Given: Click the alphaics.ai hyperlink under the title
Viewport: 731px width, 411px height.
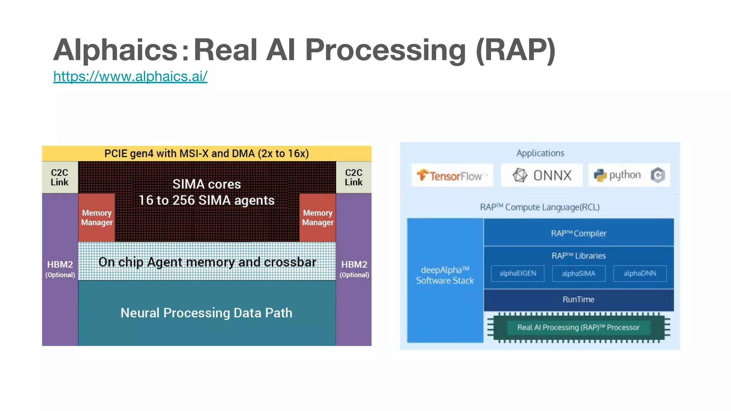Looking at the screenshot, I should pyautogui.click(x=130, y=76).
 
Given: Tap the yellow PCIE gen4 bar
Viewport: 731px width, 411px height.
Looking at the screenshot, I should pyautogui.click(x=206, y=153).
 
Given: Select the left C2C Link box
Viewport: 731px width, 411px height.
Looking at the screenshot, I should pyautogui.click(x=60, y=177).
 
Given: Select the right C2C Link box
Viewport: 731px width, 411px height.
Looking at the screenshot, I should pyautogui.click(x=353, y=177).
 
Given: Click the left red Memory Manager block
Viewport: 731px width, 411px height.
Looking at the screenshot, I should pyautogui.click(x=97, y=218).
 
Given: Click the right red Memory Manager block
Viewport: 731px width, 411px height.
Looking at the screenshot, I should pyautogui.click(x=318, y=218).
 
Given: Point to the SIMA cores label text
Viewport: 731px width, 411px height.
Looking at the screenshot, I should pyautogui.click(x=206, y=184).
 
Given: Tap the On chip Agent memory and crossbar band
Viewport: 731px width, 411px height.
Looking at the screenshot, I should pyautogui.click(x=207, y=262).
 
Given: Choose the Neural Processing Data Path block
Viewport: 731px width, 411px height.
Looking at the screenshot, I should pyautogui.click(x=206, y=313).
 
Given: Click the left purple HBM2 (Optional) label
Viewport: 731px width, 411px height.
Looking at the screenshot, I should pyautogui.click(x=60, y=269).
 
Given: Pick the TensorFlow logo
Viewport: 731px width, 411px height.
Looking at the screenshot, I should pyautogui.click(x=452, y=175).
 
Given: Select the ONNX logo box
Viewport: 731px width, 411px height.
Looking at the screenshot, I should pyautogui.click(x=541, y=175).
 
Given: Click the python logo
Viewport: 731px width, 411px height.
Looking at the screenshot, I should pyautogui.click(x=617, y=175).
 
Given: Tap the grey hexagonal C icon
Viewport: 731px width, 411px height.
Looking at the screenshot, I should pyautogui.click(x=657, y=175).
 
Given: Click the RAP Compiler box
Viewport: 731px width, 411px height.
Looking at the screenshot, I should pyautogui.click(x=578, y=233).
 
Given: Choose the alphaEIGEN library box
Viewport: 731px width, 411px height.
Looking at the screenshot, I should pyautogui.click(x=518, y=273).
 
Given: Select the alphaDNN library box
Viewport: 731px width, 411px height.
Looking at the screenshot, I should pyautogui.click(x=640, y=273).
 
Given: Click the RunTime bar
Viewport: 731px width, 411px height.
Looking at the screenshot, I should pyautogui.click(x=578, y=299).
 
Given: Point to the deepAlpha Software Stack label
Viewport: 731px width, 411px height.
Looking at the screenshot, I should pyautogui.click(x=445, y=275).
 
